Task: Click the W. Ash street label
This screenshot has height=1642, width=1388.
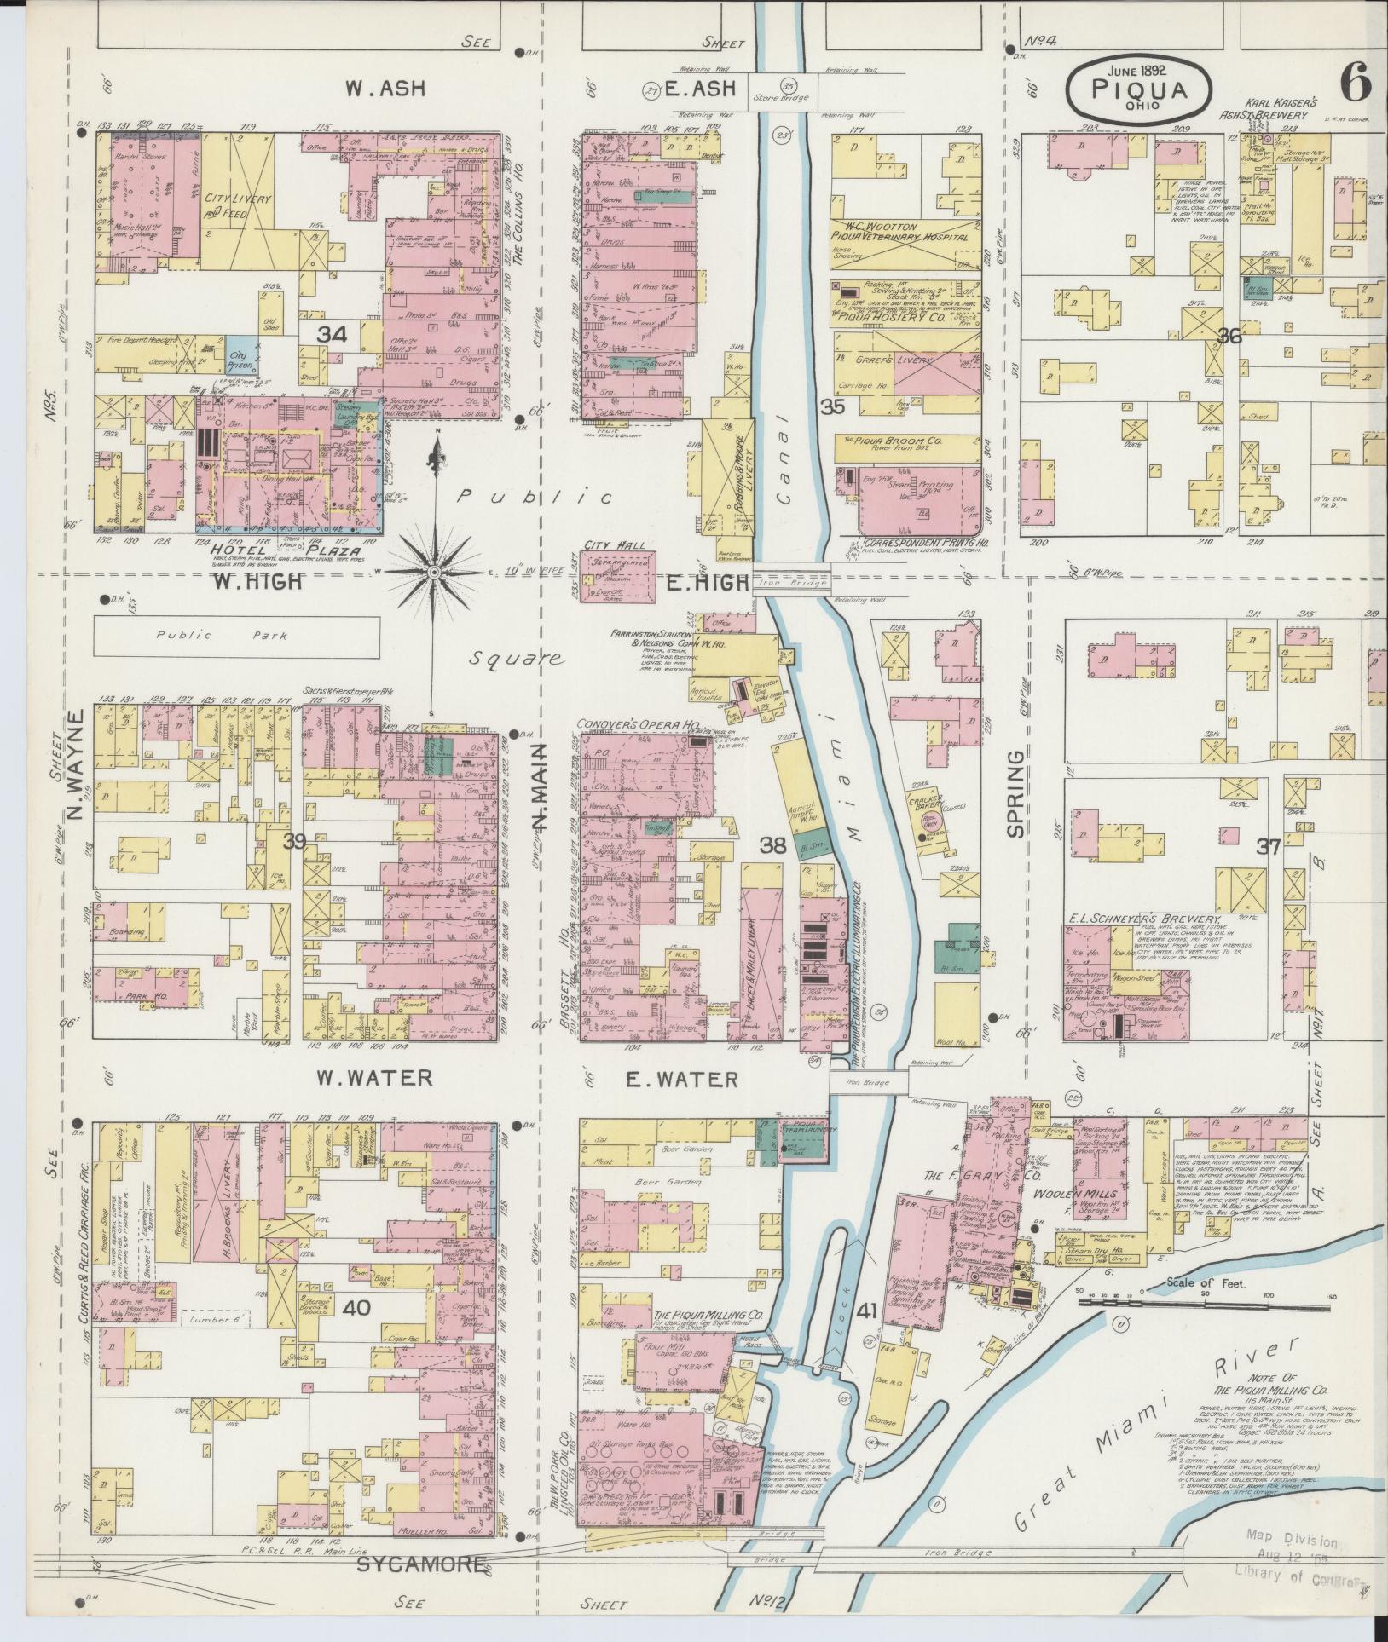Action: pyautogui.click(x=386, y=88)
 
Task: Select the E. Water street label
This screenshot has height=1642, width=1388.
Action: pyautogui.click(x=682, y=1079)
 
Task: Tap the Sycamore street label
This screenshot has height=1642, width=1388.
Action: pyautogui.click(x=421, y=1564)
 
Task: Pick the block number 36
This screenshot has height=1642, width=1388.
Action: pyautogui.click(x=1229, y=336)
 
